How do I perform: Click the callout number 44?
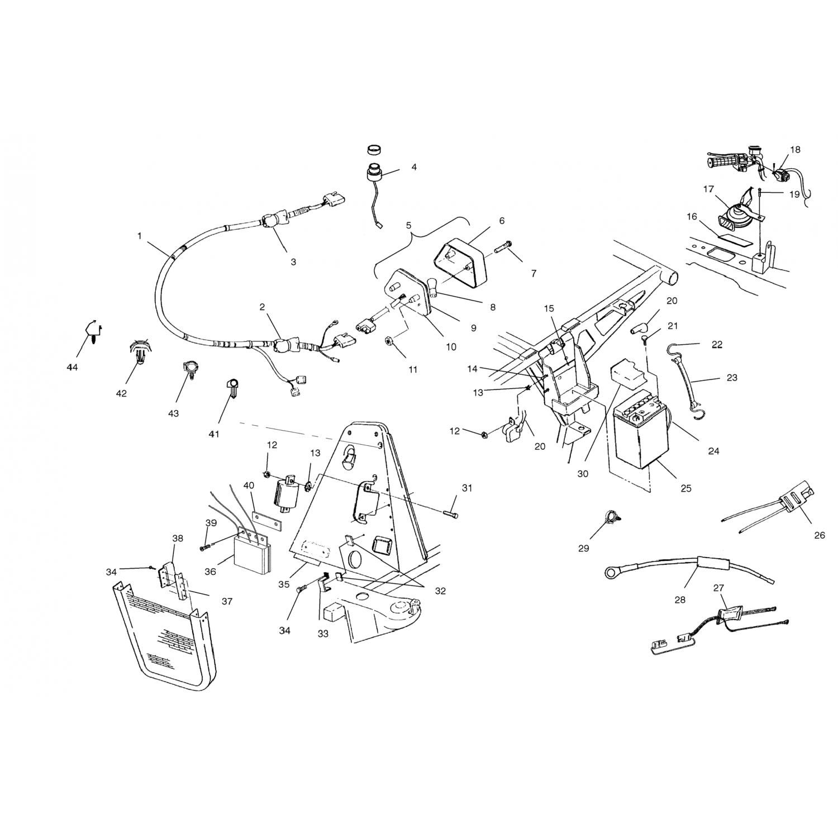tap(72, 367)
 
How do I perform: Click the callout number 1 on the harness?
tap(139, 236)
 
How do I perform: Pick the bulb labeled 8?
tap(435, 285)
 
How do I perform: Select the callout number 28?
tap(679, 599)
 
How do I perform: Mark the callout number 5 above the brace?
tap(408, 226)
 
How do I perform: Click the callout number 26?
tap(820, 535)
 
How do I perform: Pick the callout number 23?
tap(732, 378)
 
